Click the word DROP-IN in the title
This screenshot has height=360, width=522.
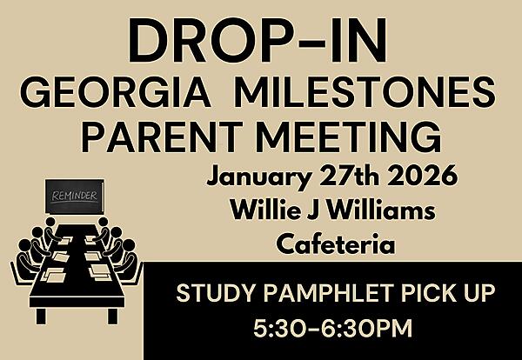tap(260, 43)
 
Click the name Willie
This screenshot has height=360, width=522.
tap(262, 211)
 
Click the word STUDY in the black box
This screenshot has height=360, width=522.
tap(210, 295)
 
